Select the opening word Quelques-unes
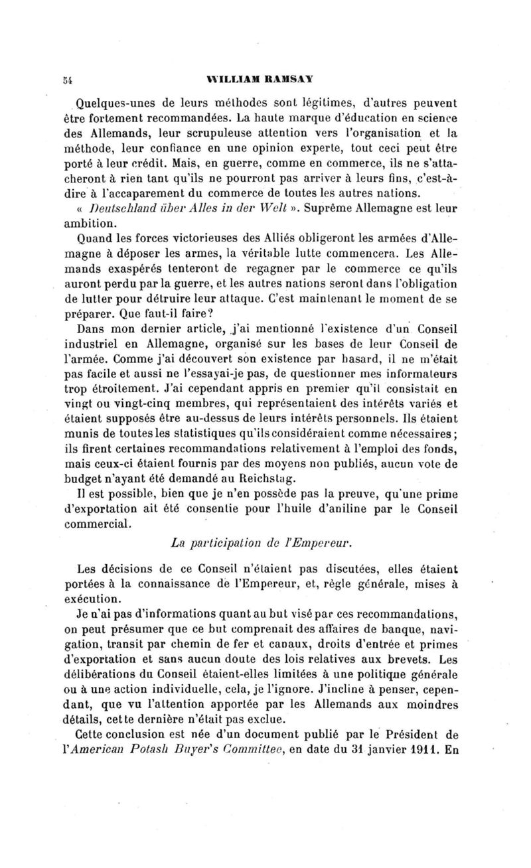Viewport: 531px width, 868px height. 110,104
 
